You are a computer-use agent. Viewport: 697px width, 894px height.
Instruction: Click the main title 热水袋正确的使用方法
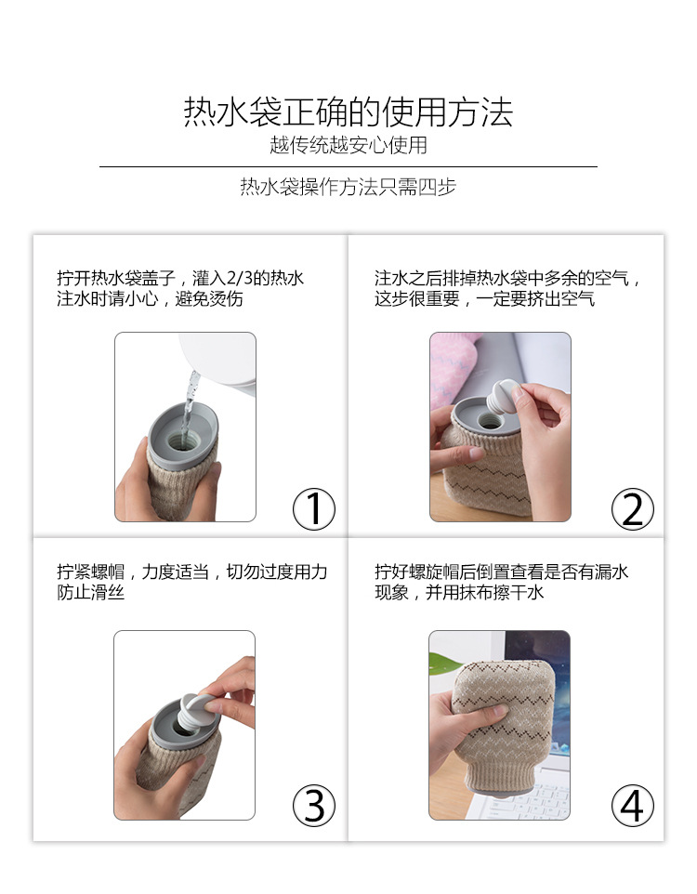(348, 112)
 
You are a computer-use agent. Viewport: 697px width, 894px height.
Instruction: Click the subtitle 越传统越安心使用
(348, 145)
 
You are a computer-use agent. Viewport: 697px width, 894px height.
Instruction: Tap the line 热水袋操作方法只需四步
(348, 187)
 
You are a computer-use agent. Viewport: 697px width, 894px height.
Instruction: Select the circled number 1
(314, 509)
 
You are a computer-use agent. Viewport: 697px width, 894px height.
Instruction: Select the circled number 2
(632, 509)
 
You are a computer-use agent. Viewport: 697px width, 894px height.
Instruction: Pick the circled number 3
(314, 806)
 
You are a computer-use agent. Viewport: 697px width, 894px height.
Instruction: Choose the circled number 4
(632, 806)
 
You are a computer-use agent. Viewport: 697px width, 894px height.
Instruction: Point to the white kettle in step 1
(219, 357)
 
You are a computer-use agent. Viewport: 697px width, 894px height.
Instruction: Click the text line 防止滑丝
(91, 593)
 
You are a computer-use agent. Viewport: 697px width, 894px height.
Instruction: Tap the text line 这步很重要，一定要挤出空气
(484, 299)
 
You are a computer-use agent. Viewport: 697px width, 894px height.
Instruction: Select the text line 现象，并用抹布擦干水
(459, 593)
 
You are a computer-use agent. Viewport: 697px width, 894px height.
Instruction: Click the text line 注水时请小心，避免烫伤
(150, 299)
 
